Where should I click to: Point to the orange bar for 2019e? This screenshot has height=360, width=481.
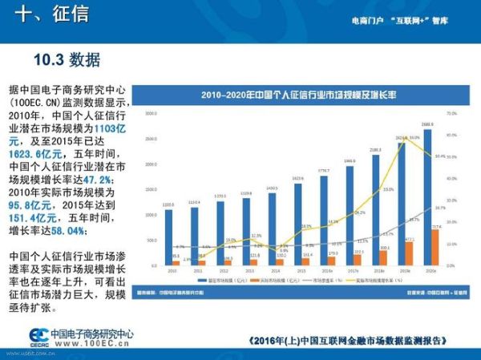410,253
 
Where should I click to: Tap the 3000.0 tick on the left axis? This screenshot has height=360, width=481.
151,114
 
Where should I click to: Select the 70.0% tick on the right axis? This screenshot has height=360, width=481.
451,114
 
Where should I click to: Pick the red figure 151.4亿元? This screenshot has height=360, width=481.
31,218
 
